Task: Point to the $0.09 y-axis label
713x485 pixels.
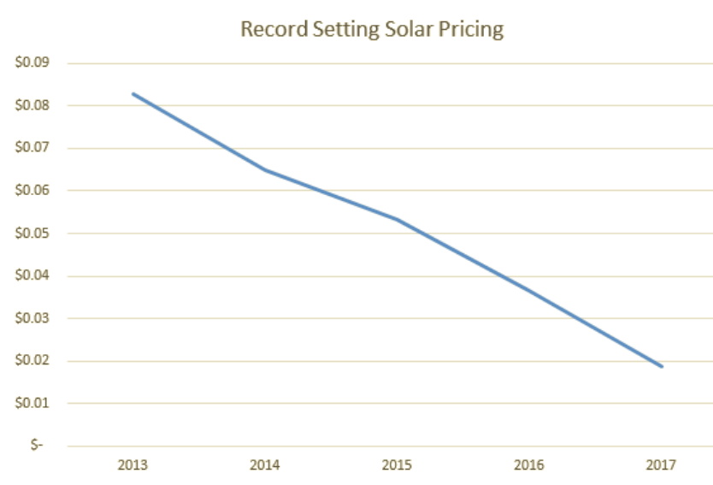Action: coord(32,63)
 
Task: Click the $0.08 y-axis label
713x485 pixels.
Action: coord(32,106)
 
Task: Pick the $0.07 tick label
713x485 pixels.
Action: coord(32,148)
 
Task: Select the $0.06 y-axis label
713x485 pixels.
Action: coord(32,191)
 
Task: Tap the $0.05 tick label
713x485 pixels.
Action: coord(32,234)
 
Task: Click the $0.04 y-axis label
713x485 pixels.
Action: coord(32,275)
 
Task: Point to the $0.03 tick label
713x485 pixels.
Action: coord(32,318)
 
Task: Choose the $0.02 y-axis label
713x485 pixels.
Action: coord(32,361)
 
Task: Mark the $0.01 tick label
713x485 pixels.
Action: coord(32,403)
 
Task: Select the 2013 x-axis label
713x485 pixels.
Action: coord(133,466)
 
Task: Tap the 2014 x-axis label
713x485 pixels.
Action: coord(265,466)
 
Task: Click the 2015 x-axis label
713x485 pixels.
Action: coord(398,466)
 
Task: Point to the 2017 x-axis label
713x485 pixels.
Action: coord(662,466)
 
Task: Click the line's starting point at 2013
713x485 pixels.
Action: coord(133,93)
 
